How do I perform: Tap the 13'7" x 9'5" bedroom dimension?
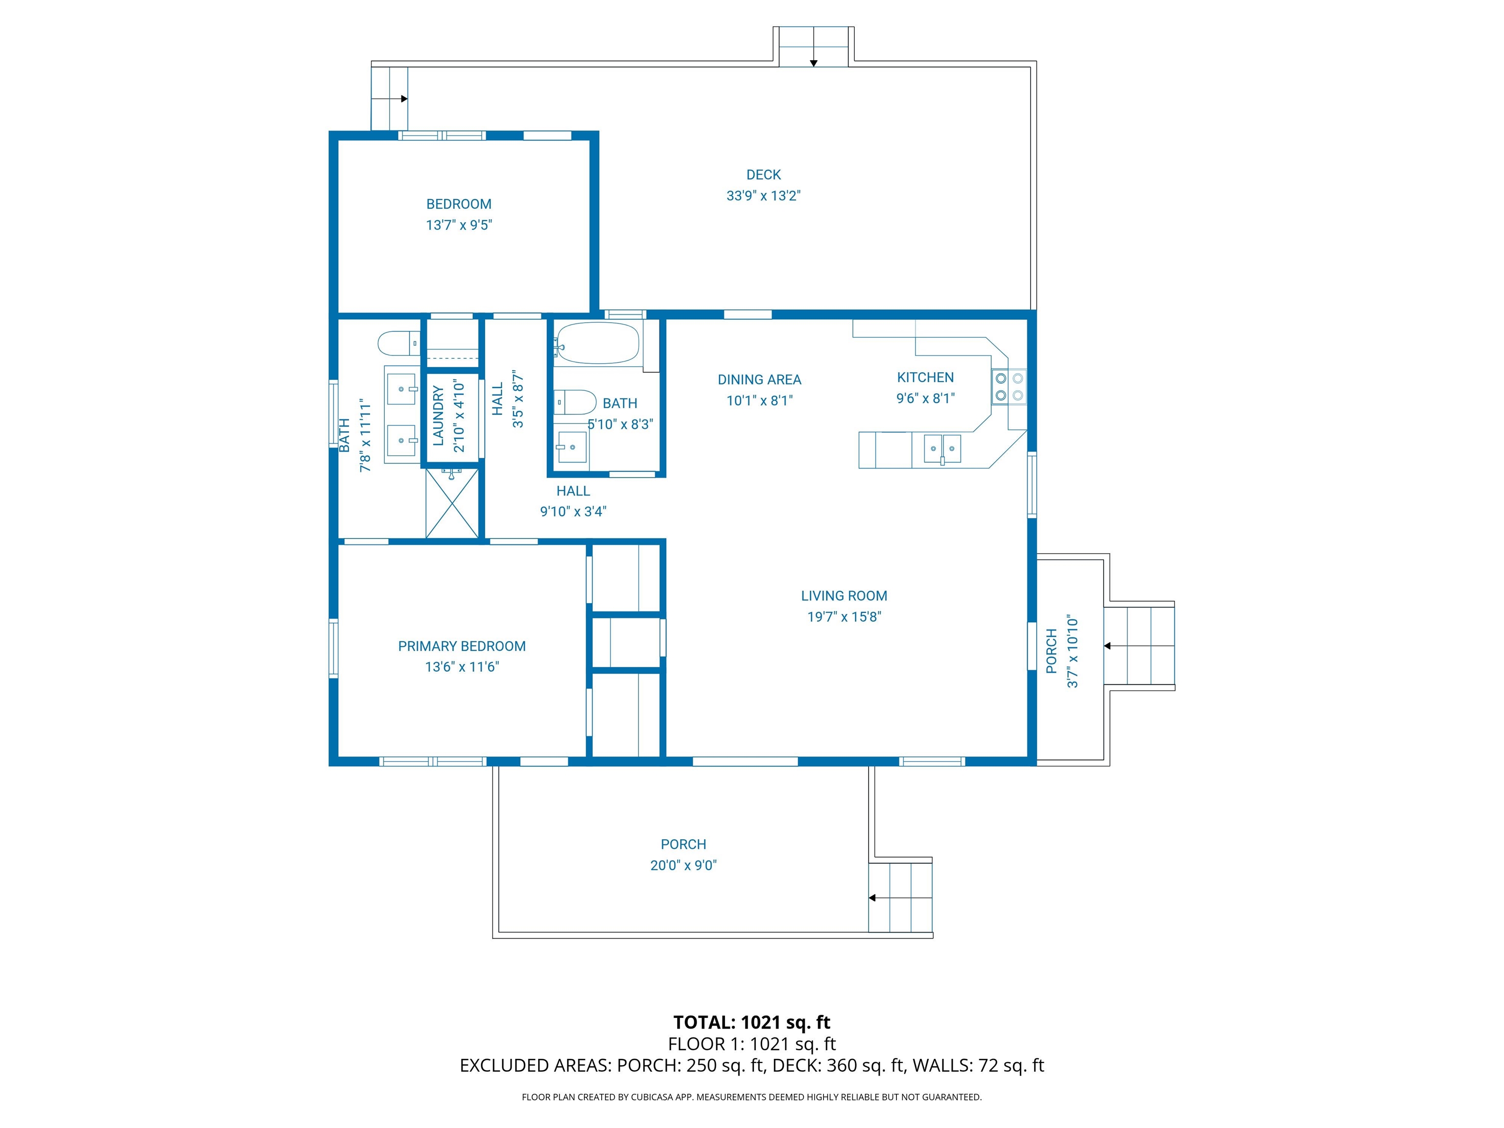tap(459, 225)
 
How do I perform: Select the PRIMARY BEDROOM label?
tap(462, 646)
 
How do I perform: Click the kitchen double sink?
tap(941, 449)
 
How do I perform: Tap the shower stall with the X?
tap(451, 504)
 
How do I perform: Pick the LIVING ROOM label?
tap(844, 596)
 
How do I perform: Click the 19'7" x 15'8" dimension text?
tap(844, 617)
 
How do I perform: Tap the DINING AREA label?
tap(759, 379)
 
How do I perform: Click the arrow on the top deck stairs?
tap(813, 63)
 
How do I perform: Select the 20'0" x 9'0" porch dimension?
tap(683, 865)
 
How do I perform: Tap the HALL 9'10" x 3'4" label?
tap(573, 501)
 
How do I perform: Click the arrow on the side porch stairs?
tap(1107, 646)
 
